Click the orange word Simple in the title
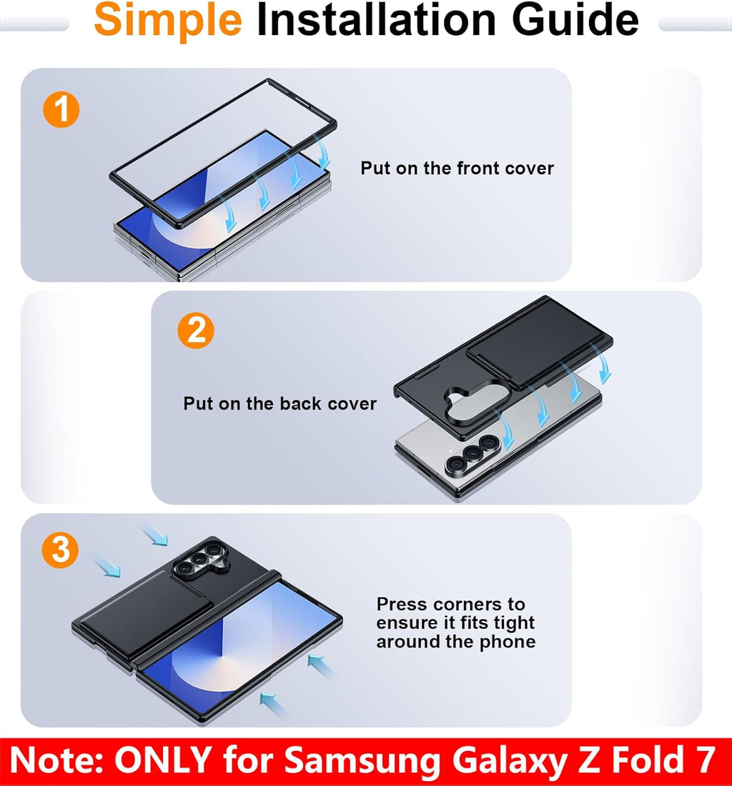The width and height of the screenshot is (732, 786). pos(168,21)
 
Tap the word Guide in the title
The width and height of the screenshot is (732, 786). pos(575,19)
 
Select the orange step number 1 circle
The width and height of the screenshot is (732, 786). pos(61,109)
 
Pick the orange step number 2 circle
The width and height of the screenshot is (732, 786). pos(196,331)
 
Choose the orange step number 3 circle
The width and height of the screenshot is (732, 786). pos(60,550)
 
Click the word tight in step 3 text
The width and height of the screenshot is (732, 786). pos(515,623)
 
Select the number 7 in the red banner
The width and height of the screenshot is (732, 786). pos(706,760)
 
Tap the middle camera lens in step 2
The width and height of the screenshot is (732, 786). pos(472,452)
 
